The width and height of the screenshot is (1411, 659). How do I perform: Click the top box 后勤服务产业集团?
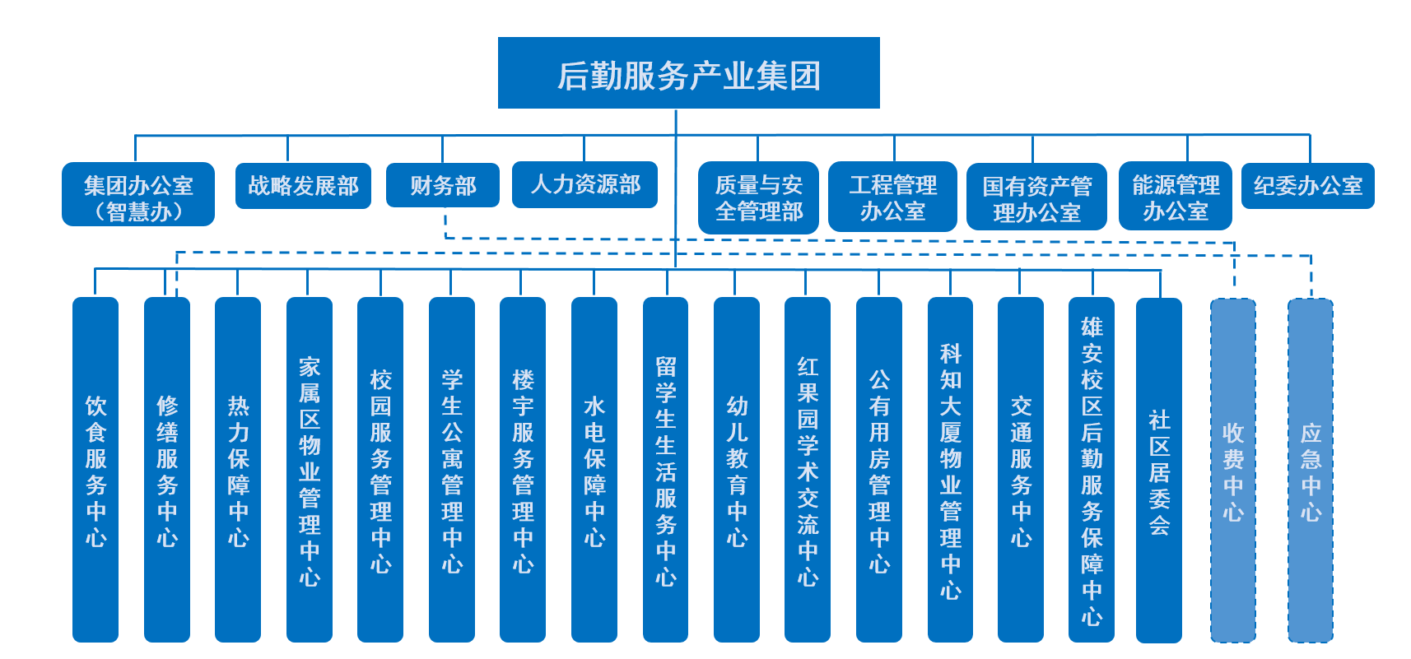[688, 73]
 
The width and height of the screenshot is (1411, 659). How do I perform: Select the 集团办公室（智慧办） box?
[138, 195]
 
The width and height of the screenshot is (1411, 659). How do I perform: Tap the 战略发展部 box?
[303, 186]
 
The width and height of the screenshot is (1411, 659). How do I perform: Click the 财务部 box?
[443, 186]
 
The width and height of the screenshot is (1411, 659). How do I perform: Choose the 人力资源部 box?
[584, 184]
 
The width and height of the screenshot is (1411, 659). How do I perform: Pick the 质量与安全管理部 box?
[758, 198]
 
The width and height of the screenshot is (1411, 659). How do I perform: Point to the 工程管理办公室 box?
[892, 197]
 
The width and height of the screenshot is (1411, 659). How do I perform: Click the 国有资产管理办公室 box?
[1036, 198]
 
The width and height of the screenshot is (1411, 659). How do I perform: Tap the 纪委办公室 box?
[1307, 186]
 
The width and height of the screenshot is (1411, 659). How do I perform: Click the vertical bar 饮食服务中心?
[95, 470]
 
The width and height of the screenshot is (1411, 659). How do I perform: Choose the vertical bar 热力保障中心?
[238, 470]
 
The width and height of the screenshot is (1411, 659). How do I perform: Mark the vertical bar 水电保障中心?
[594, 470]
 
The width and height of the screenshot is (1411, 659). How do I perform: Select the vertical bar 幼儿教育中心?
[737, 470]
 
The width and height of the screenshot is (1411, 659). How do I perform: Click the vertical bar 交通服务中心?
[1021, 470]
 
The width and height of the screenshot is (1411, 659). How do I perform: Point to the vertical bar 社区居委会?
[1159, 470]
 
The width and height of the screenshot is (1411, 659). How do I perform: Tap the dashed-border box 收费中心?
[1232, 470]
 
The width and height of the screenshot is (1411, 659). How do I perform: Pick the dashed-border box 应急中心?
[1310, 470]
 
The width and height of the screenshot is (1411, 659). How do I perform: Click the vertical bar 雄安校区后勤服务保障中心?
[1092, 470]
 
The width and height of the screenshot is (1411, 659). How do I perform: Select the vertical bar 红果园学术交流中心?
[808, 470]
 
